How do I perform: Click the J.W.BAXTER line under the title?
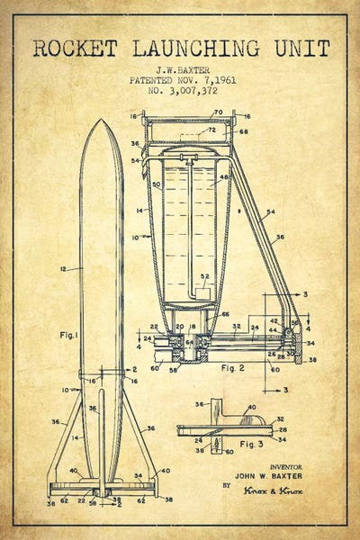pyautogui.click(x=179, y=68)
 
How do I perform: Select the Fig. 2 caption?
pyautogui.click(x=232, y=368)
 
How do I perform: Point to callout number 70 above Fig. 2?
pyautogui.click(x=217, y=113)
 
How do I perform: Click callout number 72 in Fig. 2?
pyautogui.click(x=212, y=130)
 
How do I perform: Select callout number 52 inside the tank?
pyautogui.click(x=205, y=276)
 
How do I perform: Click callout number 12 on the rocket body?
pyautogui.click(x=63, y=269)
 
